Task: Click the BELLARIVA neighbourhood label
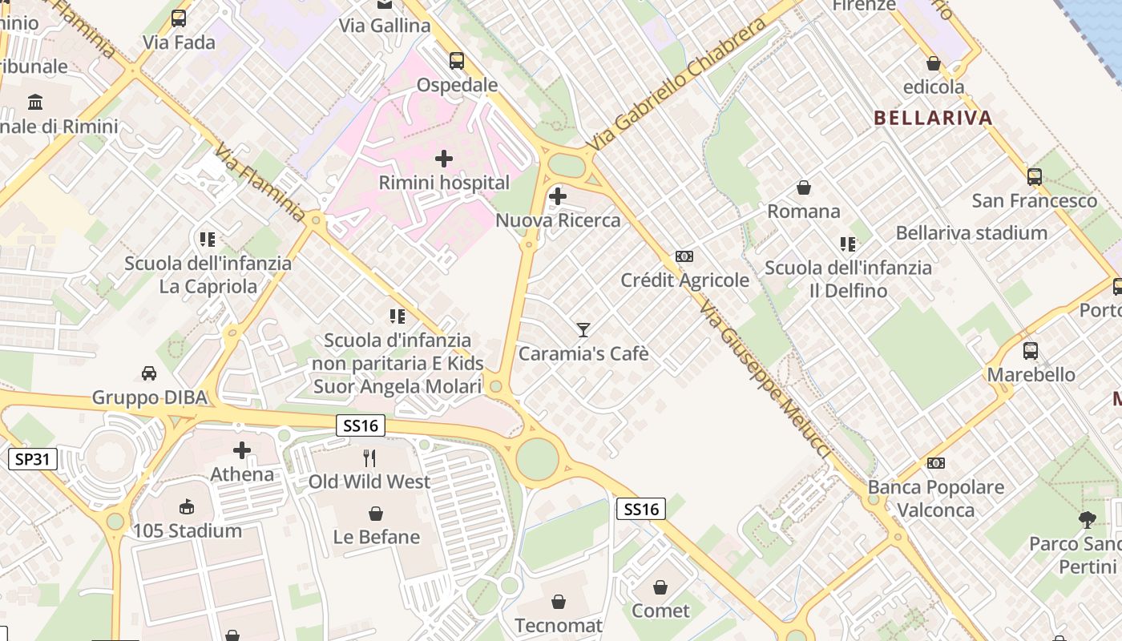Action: click(x=933, y=118)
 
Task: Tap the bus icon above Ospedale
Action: click(x=457, y=60)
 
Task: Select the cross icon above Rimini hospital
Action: click(x=443, y=159)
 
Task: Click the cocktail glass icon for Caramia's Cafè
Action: click(x=583, y=329)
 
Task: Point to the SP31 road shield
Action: click(x=33, y=459)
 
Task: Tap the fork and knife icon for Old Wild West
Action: click(x=369, y=458)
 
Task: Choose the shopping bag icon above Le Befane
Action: click(x=375, y=513)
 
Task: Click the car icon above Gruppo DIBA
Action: click(x=149, y=373)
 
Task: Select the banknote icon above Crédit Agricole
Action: click(x=684, y=256)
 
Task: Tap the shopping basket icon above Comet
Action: click(x=660, y=587)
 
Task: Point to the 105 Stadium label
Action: click(x=187, y=530)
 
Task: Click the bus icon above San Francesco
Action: click(x=1035, y=177)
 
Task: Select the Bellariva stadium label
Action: click(x=971, y=233)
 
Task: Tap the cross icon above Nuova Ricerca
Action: click(x=558, y=196)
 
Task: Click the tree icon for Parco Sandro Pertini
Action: click(x=1087, y=520)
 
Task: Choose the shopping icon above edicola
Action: click(x=934, y=62)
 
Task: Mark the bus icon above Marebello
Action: click(x=1031, y=350)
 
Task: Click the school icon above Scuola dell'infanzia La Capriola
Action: click(x=208, y=239)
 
